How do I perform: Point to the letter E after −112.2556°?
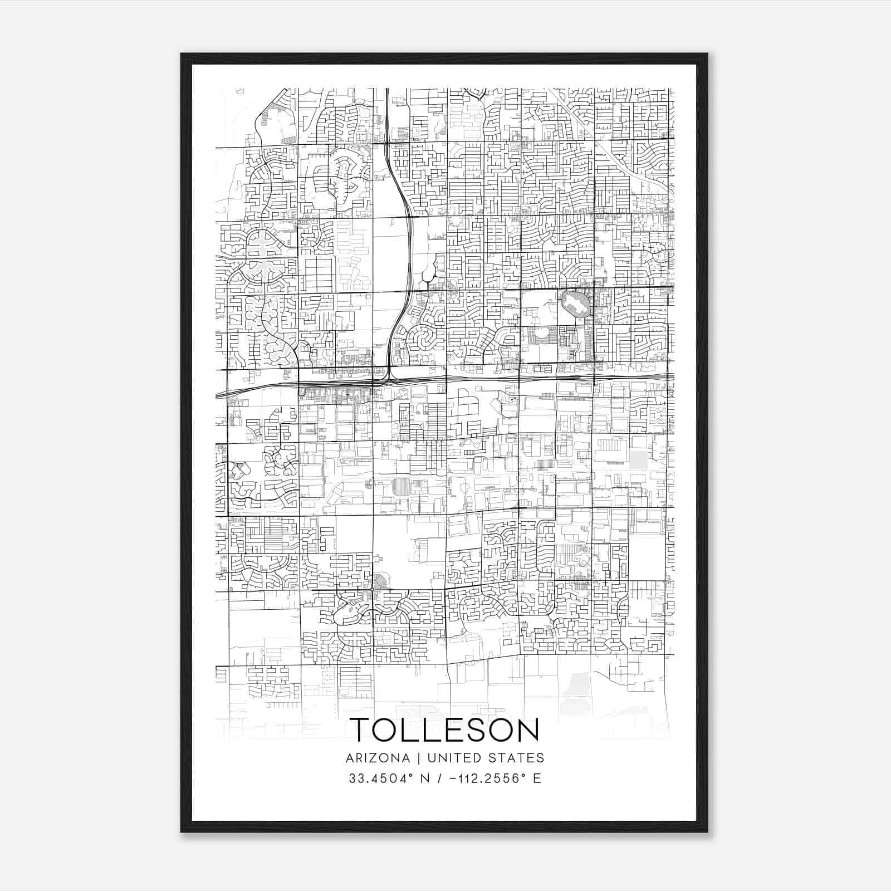pos(537,779)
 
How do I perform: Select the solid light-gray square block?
pos(639,461)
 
